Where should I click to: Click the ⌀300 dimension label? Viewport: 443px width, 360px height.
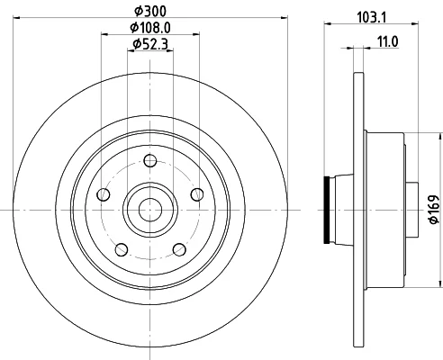pos(149,12)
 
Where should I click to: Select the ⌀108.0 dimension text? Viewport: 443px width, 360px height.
pos(149,28)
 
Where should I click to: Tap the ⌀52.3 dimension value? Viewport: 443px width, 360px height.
pos(150,44)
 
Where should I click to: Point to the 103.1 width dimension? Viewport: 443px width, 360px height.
pos(371,17)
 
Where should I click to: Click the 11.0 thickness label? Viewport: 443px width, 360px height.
pos(387,41)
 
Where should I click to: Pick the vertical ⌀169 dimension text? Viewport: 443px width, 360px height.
pos(434,210)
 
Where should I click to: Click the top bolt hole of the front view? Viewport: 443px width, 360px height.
pos(150,161)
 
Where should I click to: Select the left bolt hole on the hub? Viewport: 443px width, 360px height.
pos(104,194)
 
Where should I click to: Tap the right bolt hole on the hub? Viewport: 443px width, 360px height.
pos(197,194)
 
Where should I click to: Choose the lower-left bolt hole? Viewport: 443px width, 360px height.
pos(122,249)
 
